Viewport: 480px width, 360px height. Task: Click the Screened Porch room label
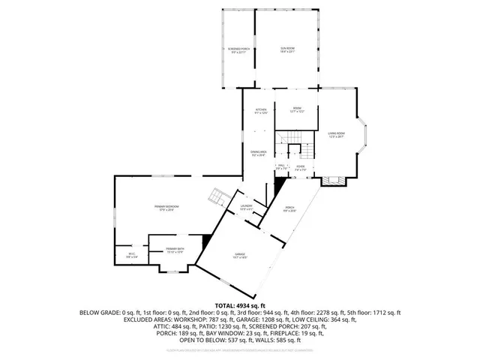click(x=238, y=51)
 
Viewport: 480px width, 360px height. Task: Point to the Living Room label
click(x=335, y=135)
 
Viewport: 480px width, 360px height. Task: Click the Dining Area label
click(x=259, y=153)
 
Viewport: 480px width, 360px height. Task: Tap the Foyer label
click(x=300, y=169)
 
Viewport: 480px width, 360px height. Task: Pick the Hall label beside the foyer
click(x=280, y=169)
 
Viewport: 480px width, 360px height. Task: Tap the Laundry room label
click(x=246, y=206)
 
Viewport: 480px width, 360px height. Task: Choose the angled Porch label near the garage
click(x=289, y=211)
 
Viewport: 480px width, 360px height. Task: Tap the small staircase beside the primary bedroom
click(x=216, y=196)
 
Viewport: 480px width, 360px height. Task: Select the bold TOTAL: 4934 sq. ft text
click(x=240, y=306)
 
